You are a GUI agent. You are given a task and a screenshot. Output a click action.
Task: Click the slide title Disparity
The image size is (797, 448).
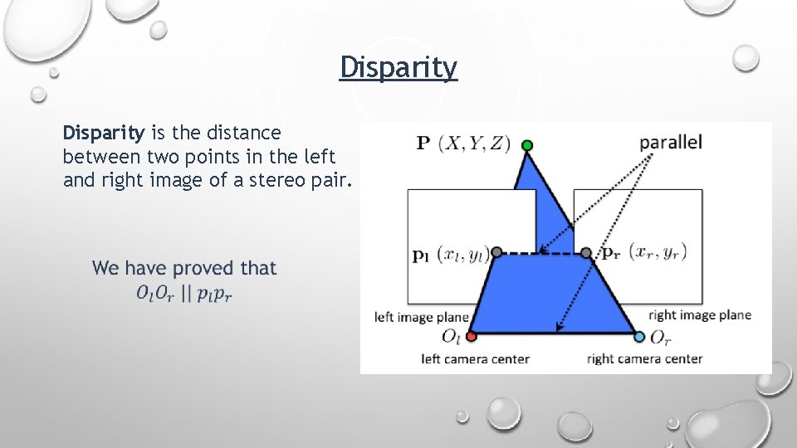[x=398, y=67]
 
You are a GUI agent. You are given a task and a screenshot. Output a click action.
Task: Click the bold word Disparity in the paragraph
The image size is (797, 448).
[x=104, y=133]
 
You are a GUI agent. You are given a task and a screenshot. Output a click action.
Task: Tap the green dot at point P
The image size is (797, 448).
[x=526, y=147]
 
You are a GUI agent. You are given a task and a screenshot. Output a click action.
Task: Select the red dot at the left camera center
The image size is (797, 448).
[x=472, y=337]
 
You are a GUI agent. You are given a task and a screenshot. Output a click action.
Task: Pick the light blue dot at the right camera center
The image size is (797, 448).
[x=638, y=337]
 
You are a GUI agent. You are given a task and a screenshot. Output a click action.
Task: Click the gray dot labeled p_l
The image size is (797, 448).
[x=496, y=251]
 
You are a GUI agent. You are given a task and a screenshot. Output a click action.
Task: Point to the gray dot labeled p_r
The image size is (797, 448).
[x=585, y=251]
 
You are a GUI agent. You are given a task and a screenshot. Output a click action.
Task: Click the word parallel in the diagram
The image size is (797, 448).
[x=671, y=142]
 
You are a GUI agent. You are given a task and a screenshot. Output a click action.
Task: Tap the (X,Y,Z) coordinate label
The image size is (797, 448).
[x=476, y=143]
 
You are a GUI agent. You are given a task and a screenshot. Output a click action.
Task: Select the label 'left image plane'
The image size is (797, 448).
[x=422, y=316]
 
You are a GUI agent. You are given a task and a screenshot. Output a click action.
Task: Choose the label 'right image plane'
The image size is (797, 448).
[x=699, y=315]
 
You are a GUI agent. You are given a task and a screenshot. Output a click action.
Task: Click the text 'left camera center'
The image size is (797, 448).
[x=475, y=359]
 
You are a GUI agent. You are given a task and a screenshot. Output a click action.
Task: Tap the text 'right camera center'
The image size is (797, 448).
[x=644, y=359]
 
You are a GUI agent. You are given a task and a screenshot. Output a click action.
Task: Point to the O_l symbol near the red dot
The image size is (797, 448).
[x=451, y=337]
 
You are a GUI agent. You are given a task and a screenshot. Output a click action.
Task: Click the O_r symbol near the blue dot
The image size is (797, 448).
[x=660, y=337]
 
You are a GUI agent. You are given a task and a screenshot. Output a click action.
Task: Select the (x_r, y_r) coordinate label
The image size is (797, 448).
[x=658, y=251]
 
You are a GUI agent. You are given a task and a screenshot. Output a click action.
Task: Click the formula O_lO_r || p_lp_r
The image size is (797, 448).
[x=184, y=294]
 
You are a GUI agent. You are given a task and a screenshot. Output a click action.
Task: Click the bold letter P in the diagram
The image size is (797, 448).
[x=423, y=143]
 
